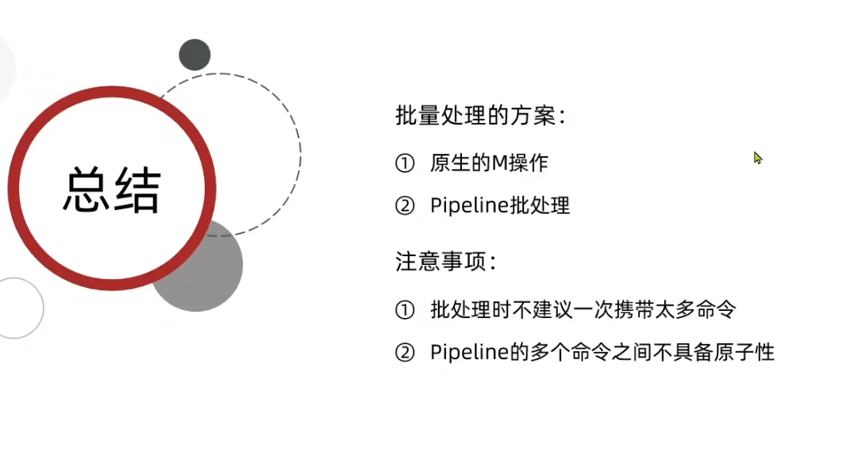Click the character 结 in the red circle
137,190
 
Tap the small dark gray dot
194,55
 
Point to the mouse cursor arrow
757,157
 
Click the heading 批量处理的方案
479,116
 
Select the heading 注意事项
445,262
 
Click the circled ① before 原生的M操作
405,163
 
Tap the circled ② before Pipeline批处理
405,205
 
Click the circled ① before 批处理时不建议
405,309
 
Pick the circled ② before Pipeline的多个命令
405,351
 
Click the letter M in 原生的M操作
498,163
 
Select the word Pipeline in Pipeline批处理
468,205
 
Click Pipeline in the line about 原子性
468,351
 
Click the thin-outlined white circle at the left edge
13,308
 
